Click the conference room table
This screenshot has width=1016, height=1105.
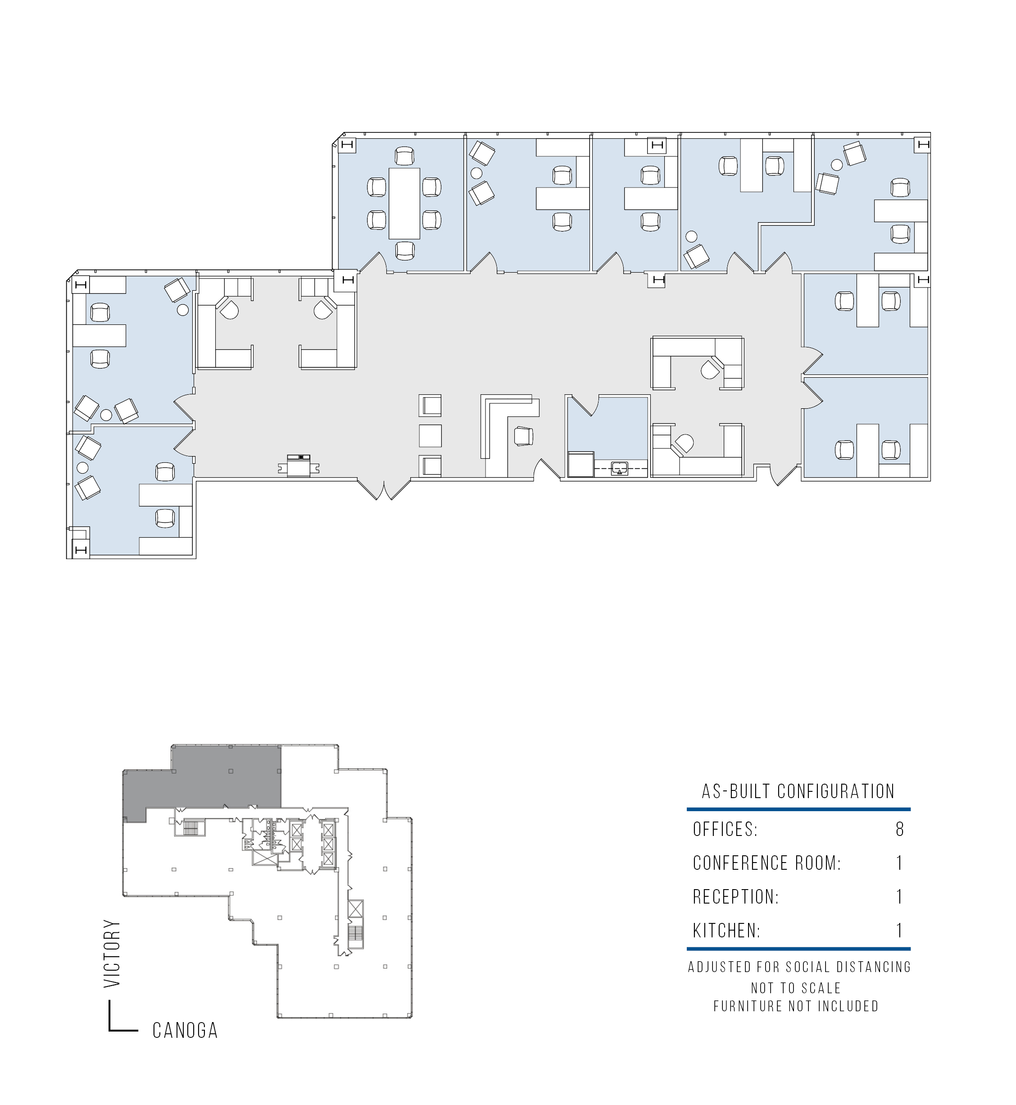(x=404, y=204)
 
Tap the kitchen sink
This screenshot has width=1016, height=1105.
(x=620, y=468)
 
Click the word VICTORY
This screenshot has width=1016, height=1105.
(x=112, y=953)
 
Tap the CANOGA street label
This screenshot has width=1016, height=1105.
(x=185, y=1030)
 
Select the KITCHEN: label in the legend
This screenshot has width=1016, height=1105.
(x=726, y=931)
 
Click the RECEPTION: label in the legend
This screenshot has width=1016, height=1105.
(x=735, y=897)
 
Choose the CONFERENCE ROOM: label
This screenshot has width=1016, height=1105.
(x=767, y=863)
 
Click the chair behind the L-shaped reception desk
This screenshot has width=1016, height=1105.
(x=523, y=436)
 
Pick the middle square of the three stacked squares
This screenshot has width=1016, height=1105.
(x=430, y=436)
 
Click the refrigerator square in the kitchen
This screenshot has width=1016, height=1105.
(x=581, y=465)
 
